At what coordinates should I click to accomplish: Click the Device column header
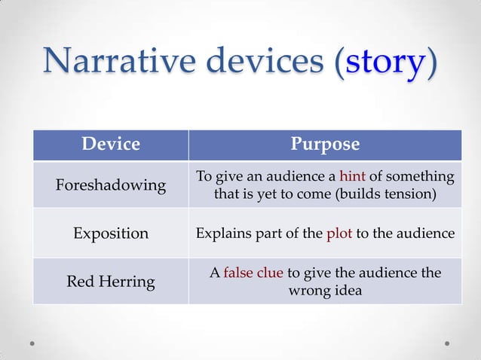(111, 144)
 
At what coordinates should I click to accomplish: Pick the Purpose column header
(325, 144)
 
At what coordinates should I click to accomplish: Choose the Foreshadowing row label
(111, 185)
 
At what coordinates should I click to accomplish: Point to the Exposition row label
(111, 233)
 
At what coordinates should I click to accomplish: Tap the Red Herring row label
(111, 282)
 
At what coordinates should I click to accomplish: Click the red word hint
(352, 176)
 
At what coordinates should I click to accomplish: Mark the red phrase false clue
(253, 273)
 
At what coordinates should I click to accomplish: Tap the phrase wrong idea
(325, 290)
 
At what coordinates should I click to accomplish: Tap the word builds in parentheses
(370, 194)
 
